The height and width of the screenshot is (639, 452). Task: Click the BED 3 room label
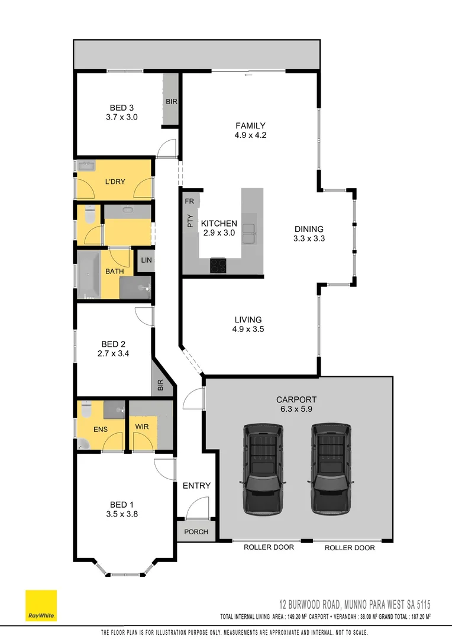122,108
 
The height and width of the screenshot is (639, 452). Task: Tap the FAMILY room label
250,125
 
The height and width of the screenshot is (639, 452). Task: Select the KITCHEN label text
219,224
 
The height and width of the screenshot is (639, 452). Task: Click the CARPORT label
300,399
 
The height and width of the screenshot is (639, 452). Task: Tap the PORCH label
196,531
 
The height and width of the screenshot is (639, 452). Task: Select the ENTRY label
196,486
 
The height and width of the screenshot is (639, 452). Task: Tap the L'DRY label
115,182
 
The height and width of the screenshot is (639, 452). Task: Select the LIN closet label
146,259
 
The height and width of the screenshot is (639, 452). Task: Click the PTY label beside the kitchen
190,222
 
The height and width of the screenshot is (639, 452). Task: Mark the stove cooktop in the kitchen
218,266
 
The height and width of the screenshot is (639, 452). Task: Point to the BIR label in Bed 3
172,102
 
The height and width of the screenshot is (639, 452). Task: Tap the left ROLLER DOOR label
269,547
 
